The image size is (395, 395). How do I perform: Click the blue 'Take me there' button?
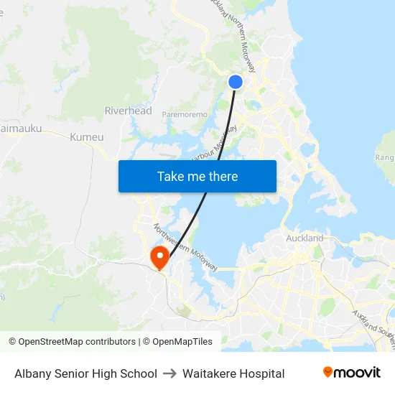[x=197, y=176]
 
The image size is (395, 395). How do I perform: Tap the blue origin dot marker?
[x=235, y=82]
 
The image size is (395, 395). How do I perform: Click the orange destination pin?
[x=158, y=256]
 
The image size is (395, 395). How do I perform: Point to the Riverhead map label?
[x=128, y=111]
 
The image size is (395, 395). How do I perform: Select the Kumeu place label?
[x=87, y=136]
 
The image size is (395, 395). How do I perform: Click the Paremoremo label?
[x=185, y=114]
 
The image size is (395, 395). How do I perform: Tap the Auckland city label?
[x=305, y=238]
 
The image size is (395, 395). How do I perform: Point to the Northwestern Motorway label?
[x=185, y=247]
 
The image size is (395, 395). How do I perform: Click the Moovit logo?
[x=351, y=373]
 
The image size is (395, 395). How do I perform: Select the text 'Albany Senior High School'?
[x=85, y=373]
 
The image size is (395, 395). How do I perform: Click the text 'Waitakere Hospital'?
[x=233, y=373]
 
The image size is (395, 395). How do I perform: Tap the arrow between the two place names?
[x=169, y=373]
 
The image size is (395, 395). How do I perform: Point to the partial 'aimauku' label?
[x=21, y=129]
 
